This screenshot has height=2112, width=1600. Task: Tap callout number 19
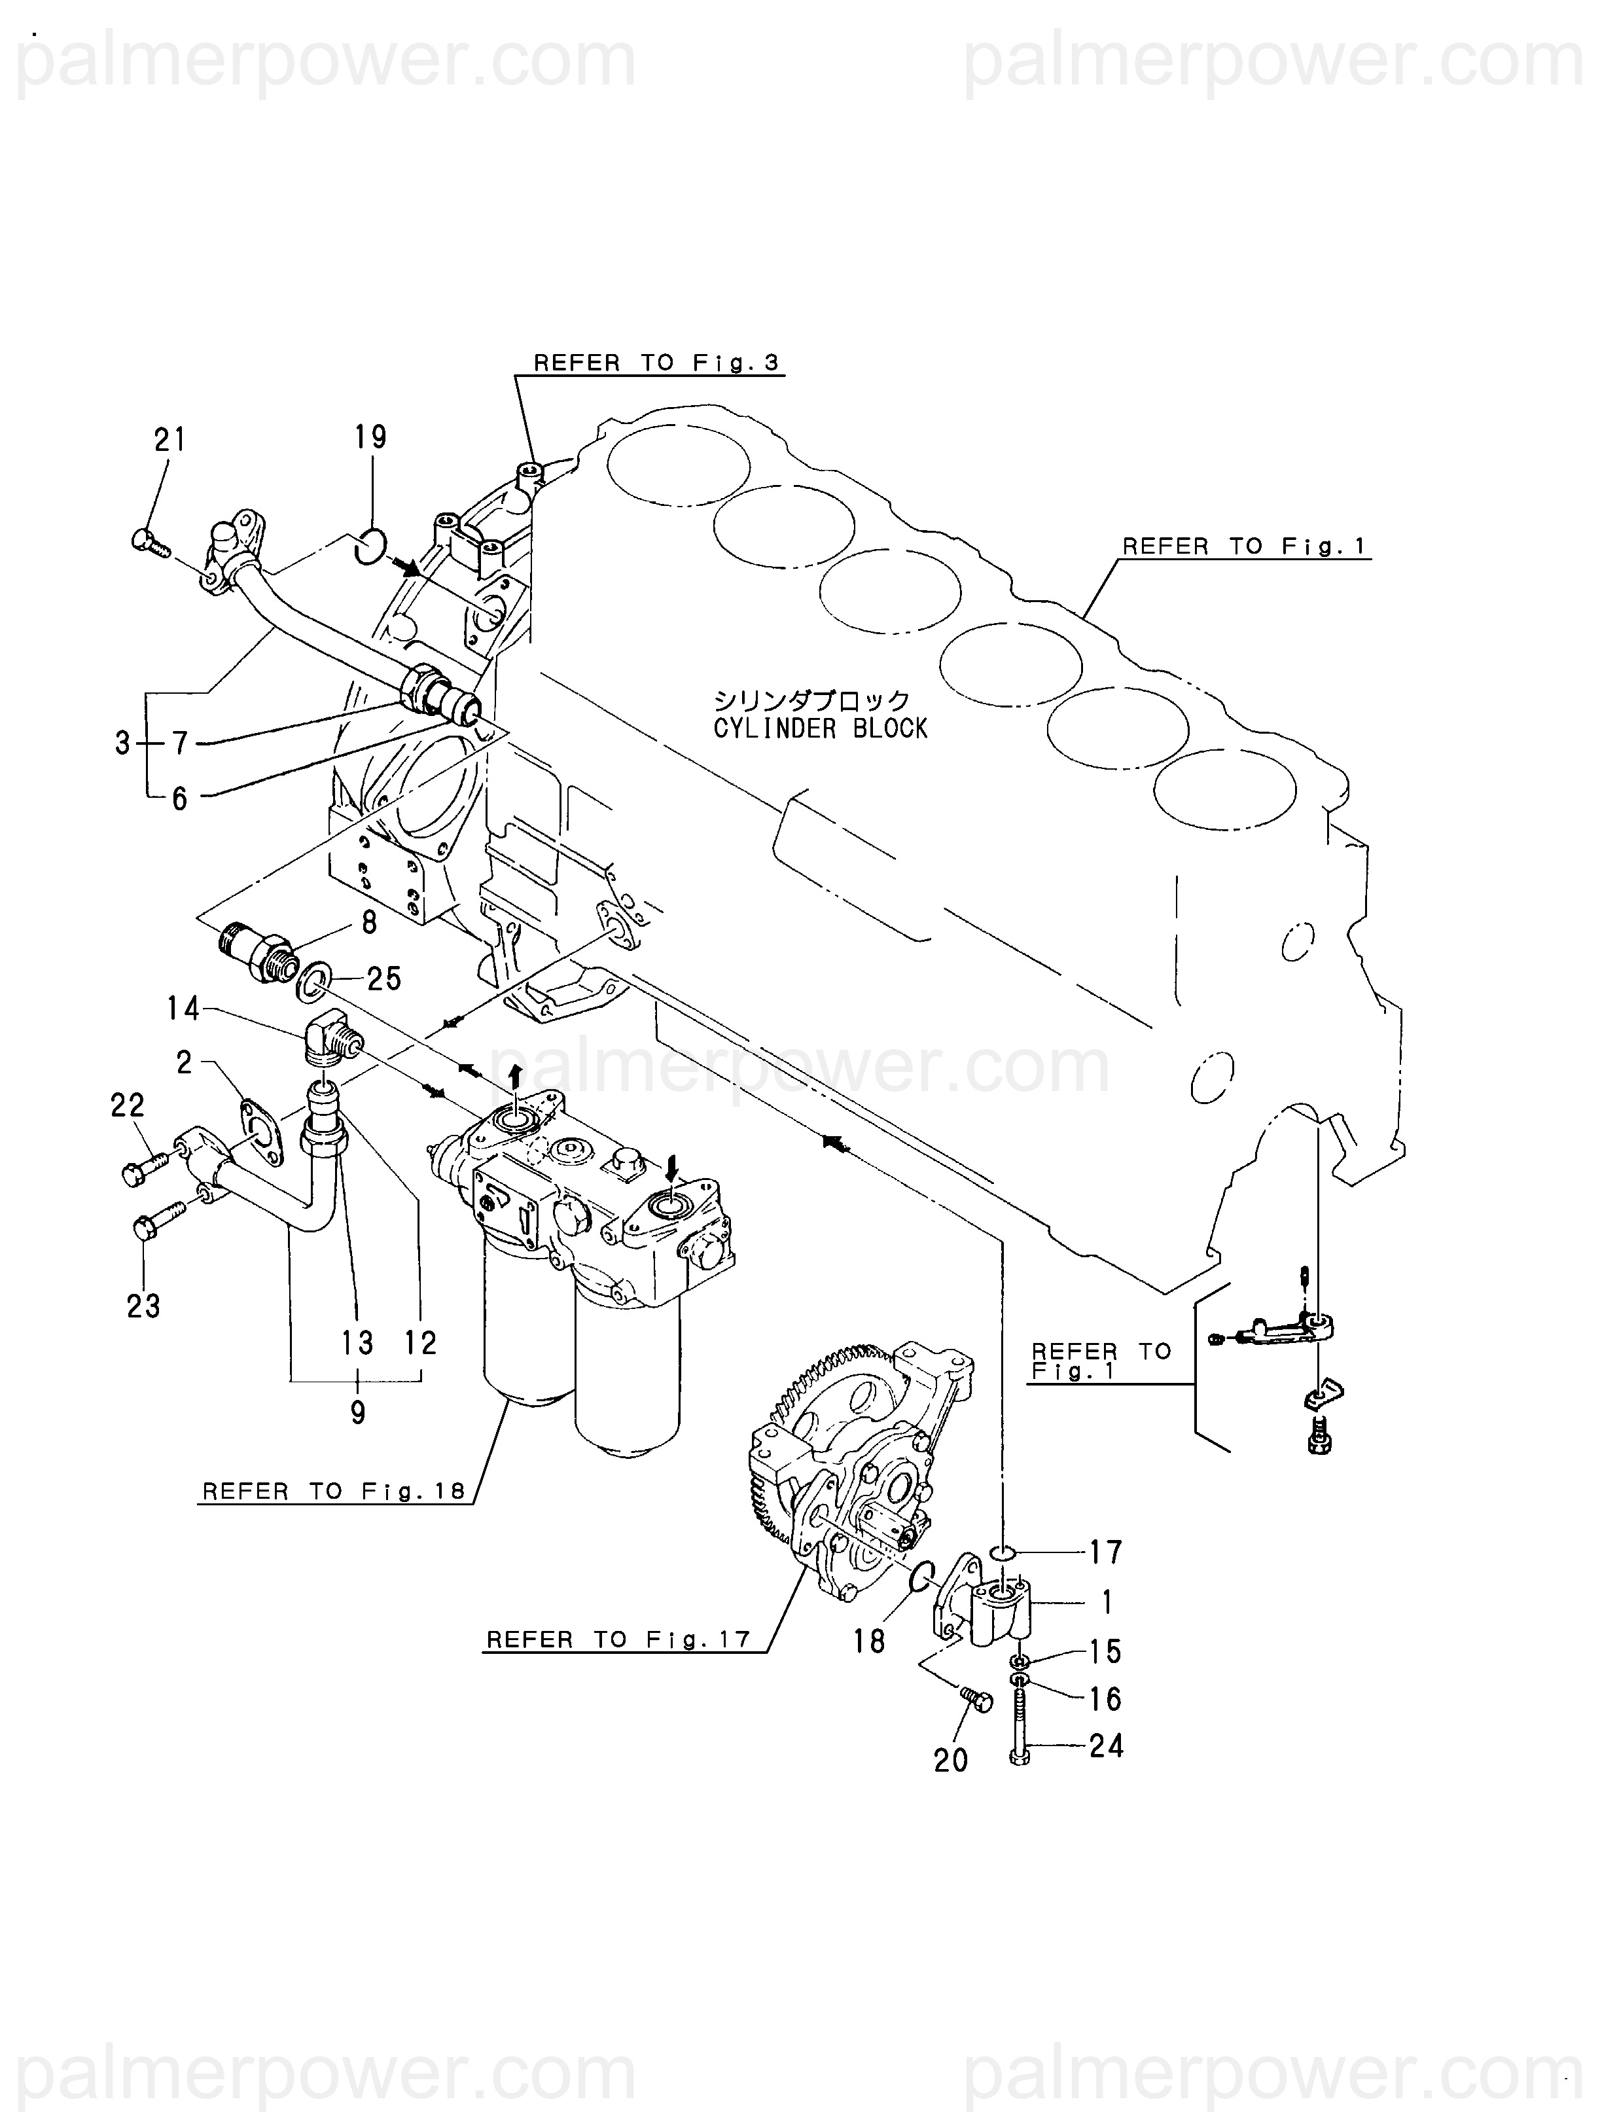(x=370, y=437)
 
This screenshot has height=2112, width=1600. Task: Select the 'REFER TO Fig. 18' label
(x=333, y=1492)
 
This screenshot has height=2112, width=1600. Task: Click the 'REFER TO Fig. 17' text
(x=618, y=1639)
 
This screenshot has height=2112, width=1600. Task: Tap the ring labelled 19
(x=370, y=545)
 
